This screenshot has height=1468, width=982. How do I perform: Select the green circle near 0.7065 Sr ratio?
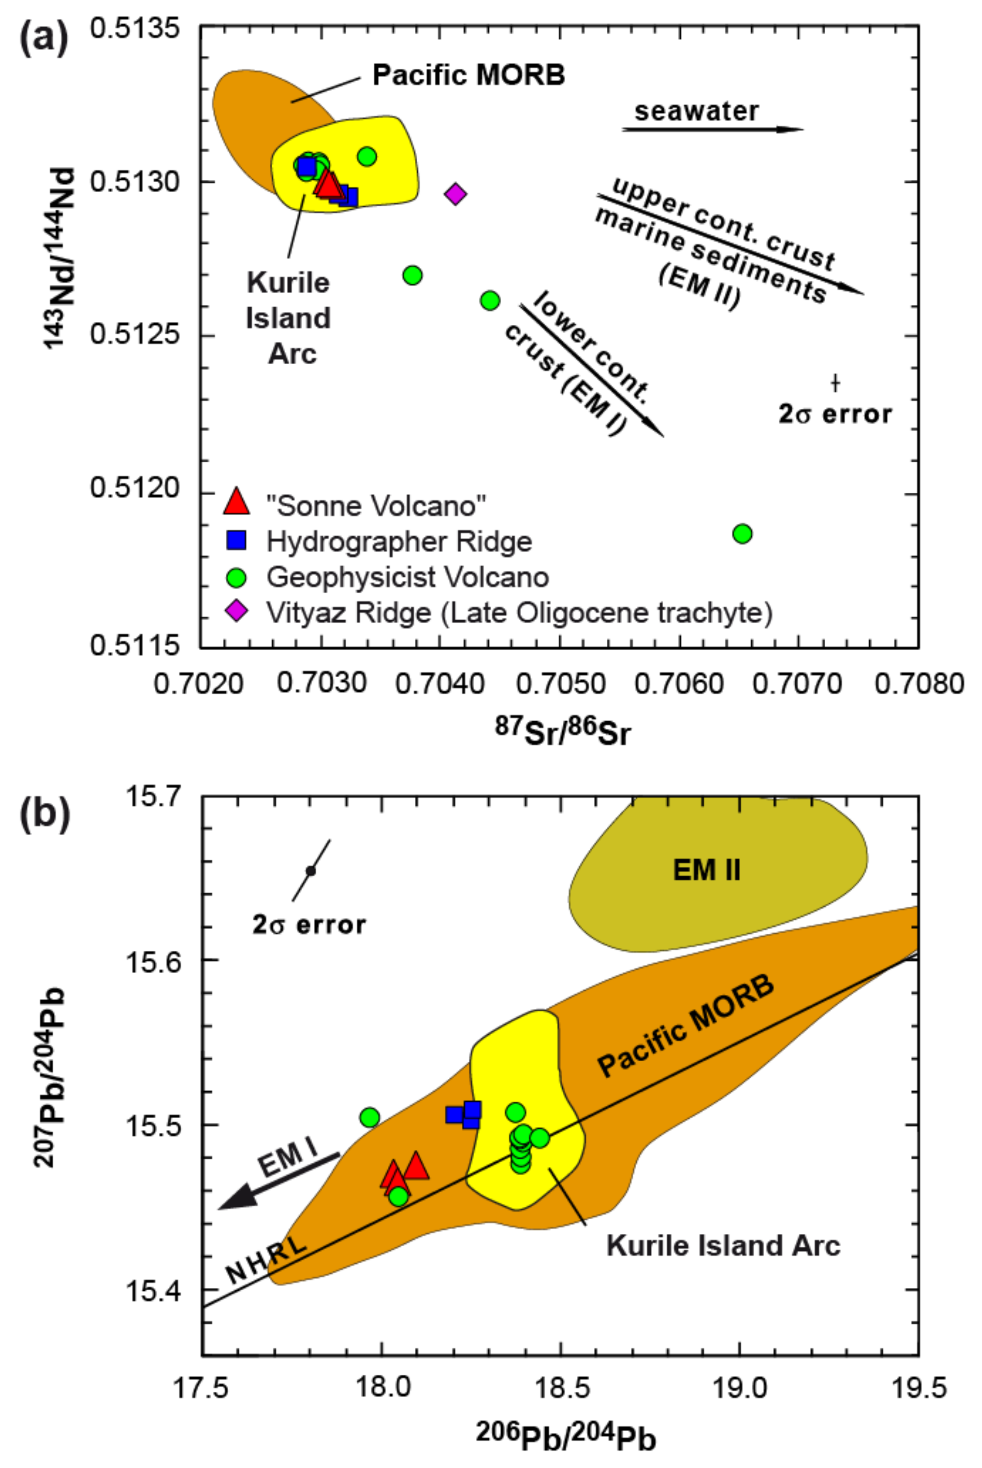[x=742, y=533]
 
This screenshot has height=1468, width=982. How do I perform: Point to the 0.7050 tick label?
[x=561, y=683]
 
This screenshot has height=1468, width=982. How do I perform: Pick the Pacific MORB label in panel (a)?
[x=469, y=75]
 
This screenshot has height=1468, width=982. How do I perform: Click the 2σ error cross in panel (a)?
[x=835, y=382]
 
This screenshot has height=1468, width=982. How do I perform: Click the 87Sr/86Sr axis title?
[x=562, y=733]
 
